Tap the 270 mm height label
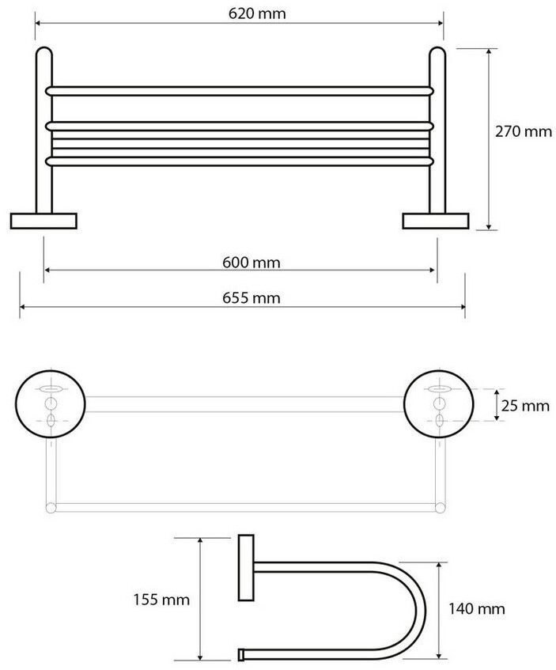(523, 131)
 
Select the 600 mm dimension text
(252, 262)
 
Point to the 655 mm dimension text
(252, 297)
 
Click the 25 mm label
(525, 405)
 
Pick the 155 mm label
(161, 600)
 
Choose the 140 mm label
(476, 608)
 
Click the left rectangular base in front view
(43, 221)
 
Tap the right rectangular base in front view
(436, 221)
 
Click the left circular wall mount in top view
(51, 403)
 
